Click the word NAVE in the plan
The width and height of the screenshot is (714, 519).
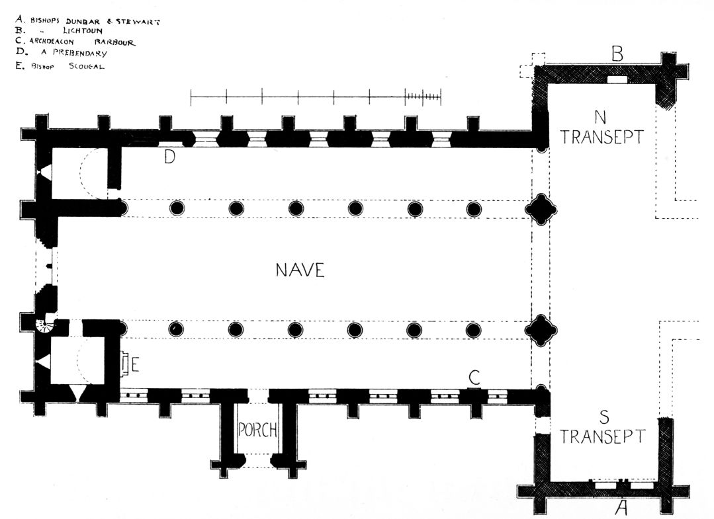click(300, 270)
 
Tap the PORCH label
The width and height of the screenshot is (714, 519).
click(257, 430)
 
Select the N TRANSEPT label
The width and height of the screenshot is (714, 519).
click(600, 128)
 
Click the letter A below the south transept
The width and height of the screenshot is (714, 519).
click(621, 507)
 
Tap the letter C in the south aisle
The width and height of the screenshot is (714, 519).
click(474, 378)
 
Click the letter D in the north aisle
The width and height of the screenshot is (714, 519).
click(169, 157)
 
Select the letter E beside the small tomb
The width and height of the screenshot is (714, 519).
click(135, 364)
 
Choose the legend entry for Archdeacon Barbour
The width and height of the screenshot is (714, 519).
click(76, 42)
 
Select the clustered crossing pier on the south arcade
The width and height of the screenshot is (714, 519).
click(541, 329)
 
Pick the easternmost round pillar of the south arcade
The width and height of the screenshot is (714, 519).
click(472, 329)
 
